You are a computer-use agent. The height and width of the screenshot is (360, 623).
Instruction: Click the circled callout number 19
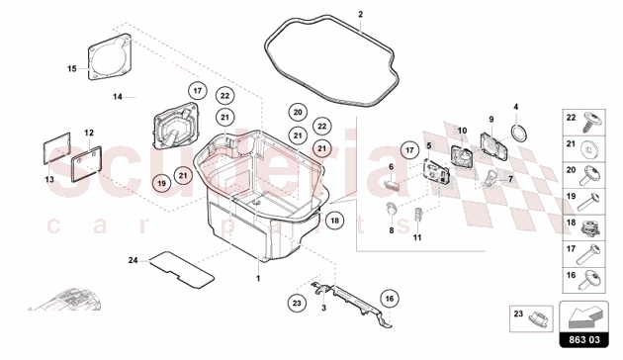coord(161,183)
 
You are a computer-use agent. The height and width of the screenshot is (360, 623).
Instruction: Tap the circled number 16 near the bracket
coord(390,299)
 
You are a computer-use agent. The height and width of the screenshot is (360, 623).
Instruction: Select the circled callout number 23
coord(298,304)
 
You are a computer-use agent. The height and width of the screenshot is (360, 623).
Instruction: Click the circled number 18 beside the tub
coord(334,221)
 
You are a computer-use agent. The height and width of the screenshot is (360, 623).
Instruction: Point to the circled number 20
coord(298,112)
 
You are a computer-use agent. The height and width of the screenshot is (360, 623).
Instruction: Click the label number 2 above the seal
coord(360,14)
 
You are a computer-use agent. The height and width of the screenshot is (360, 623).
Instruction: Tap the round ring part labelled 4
coord(519,133)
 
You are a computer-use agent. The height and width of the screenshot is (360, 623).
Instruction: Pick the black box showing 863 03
coord(583,340)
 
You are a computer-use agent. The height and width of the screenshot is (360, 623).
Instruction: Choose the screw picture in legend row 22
coord(592,122)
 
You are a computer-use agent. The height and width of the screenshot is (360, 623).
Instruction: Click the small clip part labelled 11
coord(417,215)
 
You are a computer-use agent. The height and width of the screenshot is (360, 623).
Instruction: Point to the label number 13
coord(49,180)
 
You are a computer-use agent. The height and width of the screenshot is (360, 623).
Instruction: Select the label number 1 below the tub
coord(258,279)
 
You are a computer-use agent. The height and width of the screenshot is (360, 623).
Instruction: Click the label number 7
coord(510,179)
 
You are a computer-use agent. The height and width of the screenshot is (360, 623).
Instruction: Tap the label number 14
coord(118,97)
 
